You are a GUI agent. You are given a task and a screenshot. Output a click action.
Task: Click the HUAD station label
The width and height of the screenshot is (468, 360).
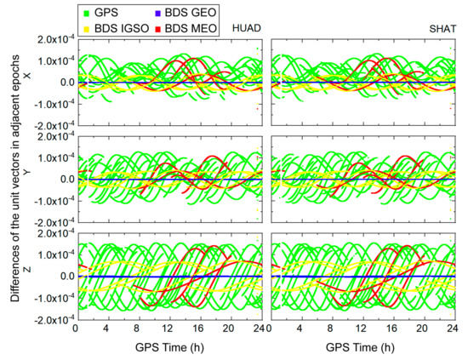[247, 29]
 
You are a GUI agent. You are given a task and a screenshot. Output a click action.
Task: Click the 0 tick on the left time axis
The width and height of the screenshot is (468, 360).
[76, 329]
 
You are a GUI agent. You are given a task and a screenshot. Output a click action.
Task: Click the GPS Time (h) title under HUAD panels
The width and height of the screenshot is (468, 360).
[168, 348]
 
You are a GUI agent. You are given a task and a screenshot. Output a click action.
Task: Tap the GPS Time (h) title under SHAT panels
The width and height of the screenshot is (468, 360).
[362, 348]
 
